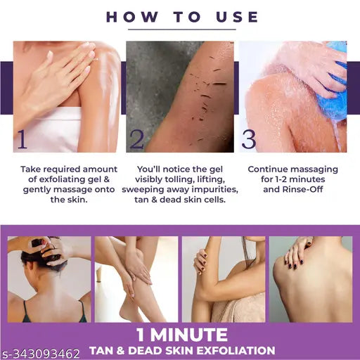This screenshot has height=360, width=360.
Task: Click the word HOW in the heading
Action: click(x=132, y=17)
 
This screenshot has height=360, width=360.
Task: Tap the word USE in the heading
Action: click(x=237, y=17)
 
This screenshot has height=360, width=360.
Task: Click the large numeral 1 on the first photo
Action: click(x=22, y=139)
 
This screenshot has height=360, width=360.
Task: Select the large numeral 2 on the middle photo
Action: click(x=136, y=139)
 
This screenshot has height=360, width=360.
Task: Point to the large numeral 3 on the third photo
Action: click(x=249, y=139)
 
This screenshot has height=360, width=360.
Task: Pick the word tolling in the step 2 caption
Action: click(x=180, y=179)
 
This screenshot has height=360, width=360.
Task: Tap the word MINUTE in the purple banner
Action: click(x=189, y=335)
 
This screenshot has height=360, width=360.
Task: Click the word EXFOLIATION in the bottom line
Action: click(x=236, y=351)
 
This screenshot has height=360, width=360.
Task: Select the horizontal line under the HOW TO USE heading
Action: click(x=182, y=30)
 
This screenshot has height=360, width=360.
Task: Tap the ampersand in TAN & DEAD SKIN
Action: click(x=120, y=351)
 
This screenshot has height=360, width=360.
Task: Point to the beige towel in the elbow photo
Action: click(x=237, y=308)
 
